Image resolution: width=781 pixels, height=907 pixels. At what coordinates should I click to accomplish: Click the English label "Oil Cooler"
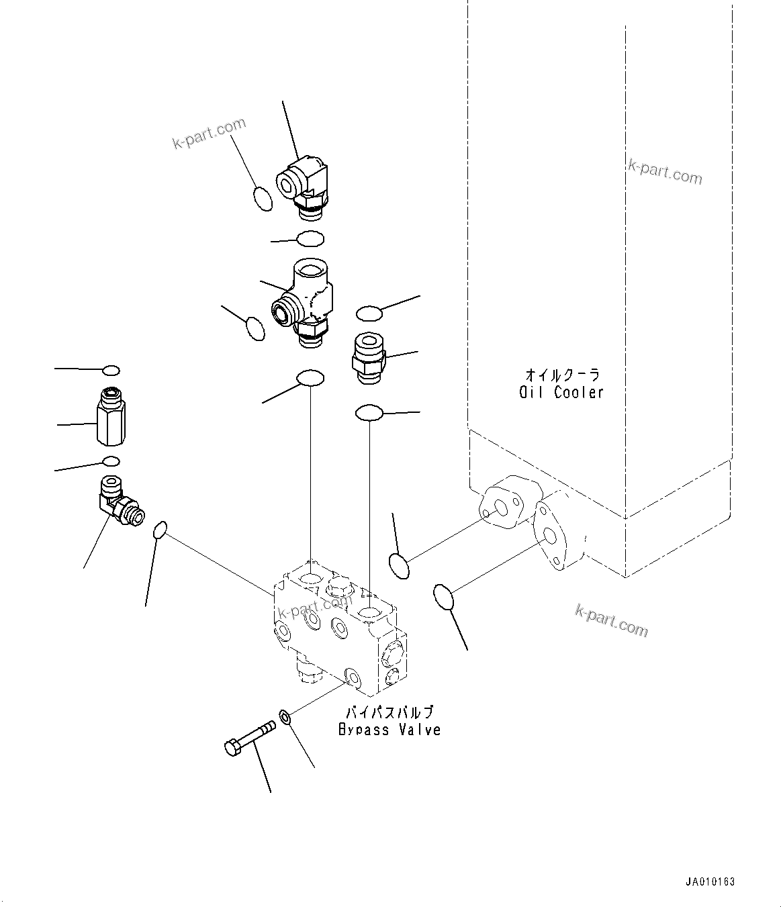point(561,393)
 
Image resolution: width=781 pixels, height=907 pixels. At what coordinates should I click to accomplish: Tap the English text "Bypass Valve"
point(389,730)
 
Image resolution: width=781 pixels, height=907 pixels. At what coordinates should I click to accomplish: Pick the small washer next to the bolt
point(285,718)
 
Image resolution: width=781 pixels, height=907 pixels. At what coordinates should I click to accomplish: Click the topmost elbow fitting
point(303,185)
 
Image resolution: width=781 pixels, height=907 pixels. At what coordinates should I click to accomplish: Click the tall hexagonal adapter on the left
point(111,416)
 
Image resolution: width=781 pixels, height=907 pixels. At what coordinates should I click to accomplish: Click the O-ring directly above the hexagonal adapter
point(111,370)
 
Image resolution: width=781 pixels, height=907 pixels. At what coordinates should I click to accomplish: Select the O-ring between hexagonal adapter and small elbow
point(111,461)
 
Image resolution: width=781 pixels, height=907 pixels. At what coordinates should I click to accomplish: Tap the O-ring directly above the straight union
point(369,312)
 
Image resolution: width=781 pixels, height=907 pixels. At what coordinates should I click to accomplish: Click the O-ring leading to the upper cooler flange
point(399,565)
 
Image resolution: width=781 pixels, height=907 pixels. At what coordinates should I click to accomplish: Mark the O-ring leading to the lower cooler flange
point(443,598)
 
